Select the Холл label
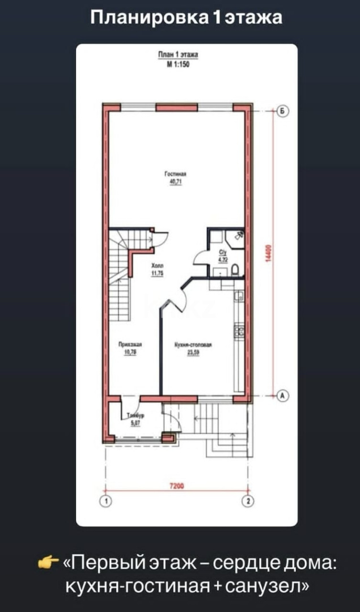[x=157, y=266]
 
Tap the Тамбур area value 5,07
[x=135, y=422]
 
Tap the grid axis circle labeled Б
[x=281, y=112]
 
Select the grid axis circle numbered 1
[x=105, y=500]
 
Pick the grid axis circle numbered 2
[x=248, y=500]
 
